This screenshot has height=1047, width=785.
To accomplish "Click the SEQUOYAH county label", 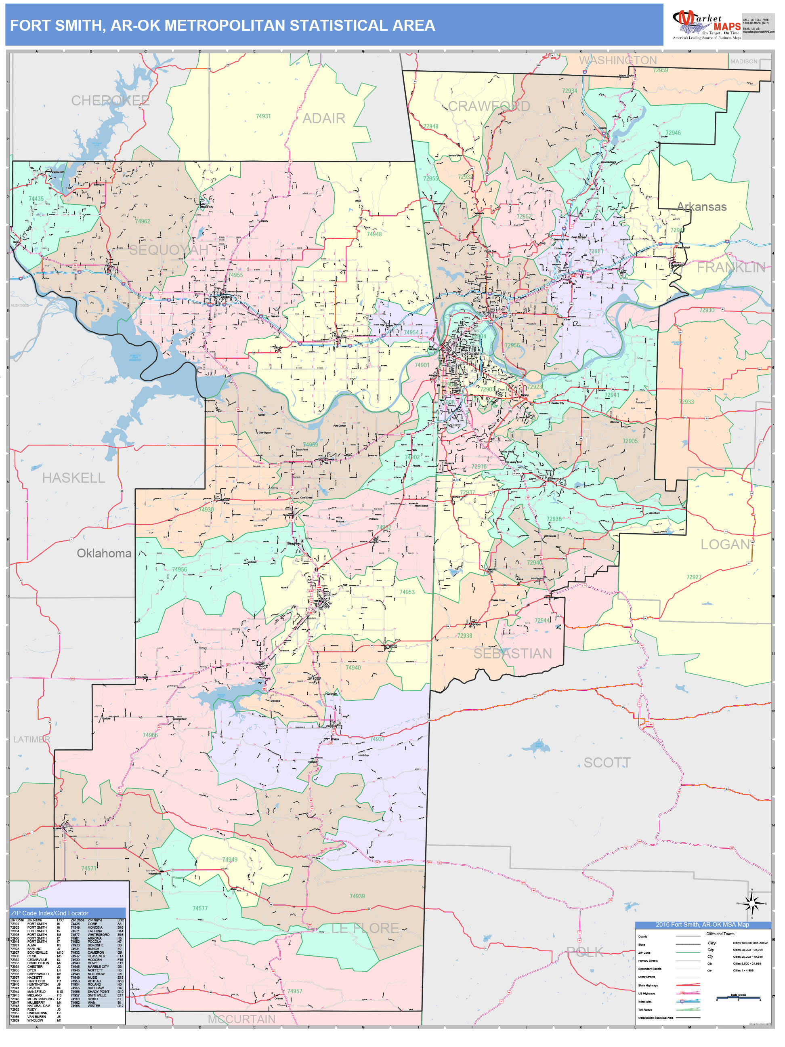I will tap(169, 250).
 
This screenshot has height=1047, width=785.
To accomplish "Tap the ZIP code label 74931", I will tap(263, 116).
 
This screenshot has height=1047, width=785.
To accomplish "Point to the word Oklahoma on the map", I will tap(104, 553).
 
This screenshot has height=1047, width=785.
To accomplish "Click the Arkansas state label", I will tap(701, 207).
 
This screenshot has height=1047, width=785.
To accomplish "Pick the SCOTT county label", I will tap(607, 763).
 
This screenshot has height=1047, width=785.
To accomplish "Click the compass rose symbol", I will tap(751, 903).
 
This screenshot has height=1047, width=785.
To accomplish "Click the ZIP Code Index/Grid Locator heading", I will tap(50, 913).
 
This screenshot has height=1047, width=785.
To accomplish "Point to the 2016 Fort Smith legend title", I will tap(702, 925).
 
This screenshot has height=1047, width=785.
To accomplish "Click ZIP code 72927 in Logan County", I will tap(694, 577).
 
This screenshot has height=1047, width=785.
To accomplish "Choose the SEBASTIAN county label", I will tap(512, 654).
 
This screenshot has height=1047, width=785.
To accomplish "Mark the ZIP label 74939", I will tap(357, 896).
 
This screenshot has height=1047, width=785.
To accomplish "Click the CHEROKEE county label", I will tap(110, 100).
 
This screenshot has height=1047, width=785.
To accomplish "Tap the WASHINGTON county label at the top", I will tap(617, 61).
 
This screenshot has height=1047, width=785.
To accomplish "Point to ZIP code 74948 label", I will tap(374, 234).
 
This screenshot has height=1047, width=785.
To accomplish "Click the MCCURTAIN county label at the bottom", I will tap(241, 1019).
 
